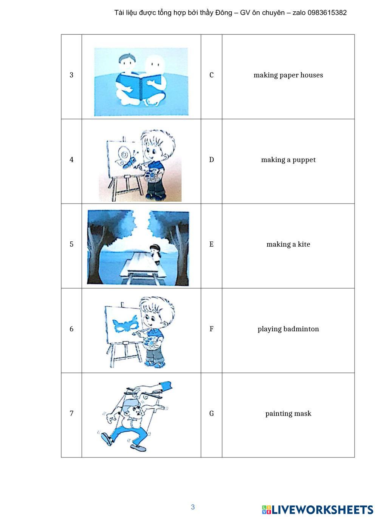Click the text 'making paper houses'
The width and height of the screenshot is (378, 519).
pyautogui.click(x=288, y=75)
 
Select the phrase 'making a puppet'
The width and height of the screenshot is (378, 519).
pyautogui.click(x=288, y=160)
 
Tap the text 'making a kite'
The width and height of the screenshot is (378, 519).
pyautogui.click(x=288, y=244)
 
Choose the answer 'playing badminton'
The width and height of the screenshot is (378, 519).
pyautogui.click(x=288, y=329)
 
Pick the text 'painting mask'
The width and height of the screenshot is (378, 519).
pyautogui.click(x=288, y=414)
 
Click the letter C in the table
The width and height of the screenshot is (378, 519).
pyautogui.click(x=211, y=75)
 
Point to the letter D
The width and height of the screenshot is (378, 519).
pyautogui.click(x=211, y=160)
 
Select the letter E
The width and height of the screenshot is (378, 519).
pyautogui.click(x=211, y=244)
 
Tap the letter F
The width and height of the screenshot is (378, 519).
pyautogui.click(x=211, y=329)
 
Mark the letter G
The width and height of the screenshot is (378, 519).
pyautogui.click(x=211, y=413)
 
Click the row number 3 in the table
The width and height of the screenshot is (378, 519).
pyautogui.click(x=71, y=75)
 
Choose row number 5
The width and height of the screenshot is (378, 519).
pyautogui.click(x=71, y=244)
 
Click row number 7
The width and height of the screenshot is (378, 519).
pyautogui.click(x=71, y=413)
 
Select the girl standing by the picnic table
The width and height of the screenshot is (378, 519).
pyautogui.click(x=155, y=254)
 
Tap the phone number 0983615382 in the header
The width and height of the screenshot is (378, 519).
pyautogui.click(x=327, y=13)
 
